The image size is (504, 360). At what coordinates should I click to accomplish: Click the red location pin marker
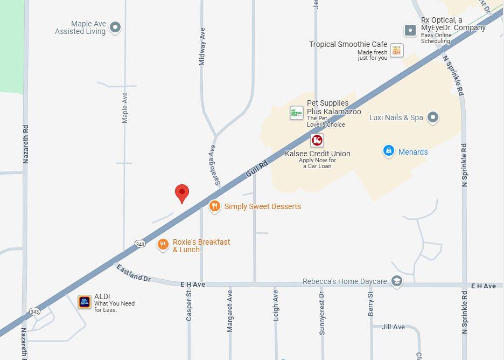[182, 193]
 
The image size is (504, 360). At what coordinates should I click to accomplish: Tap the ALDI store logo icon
[85, 302]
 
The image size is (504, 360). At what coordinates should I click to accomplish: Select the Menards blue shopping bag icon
[389, 151]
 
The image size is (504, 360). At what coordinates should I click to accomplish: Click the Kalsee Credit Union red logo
[317, 141]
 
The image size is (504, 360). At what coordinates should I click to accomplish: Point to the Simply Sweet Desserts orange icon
[215, 206]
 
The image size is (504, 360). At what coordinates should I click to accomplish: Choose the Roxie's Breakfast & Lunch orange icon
[163, 245]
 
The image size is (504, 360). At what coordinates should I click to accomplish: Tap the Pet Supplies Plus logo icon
[297, 113]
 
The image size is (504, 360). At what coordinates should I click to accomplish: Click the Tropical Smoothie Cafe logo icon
[396, 50]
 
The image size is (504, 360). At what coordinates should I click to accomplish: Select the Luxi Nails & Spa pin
[433, 117]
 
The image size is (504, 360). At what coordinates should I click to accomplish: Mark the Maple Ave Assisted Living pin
[115, 27]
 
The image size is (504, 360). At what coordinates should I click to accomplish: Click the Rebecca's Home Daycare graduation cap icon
[397, 281]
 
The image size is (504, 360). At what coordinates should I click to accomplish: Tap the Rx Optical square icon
[410, 30]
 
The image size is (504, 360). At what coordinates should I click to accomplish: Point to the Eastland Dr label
[133, 273]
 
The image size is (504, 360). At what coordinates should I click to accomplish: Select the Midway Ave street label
[202, 47]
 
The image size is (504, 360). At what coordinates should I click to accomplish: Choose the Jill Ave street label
[393, 327]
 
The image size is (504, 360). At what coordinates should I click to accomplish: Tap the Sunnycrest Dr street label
[322, 314]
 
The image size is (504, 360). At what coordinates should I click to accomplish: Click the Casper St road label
[189, 306]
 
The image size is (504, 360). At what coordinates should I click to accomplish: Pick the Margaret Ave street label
[230, 311]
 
